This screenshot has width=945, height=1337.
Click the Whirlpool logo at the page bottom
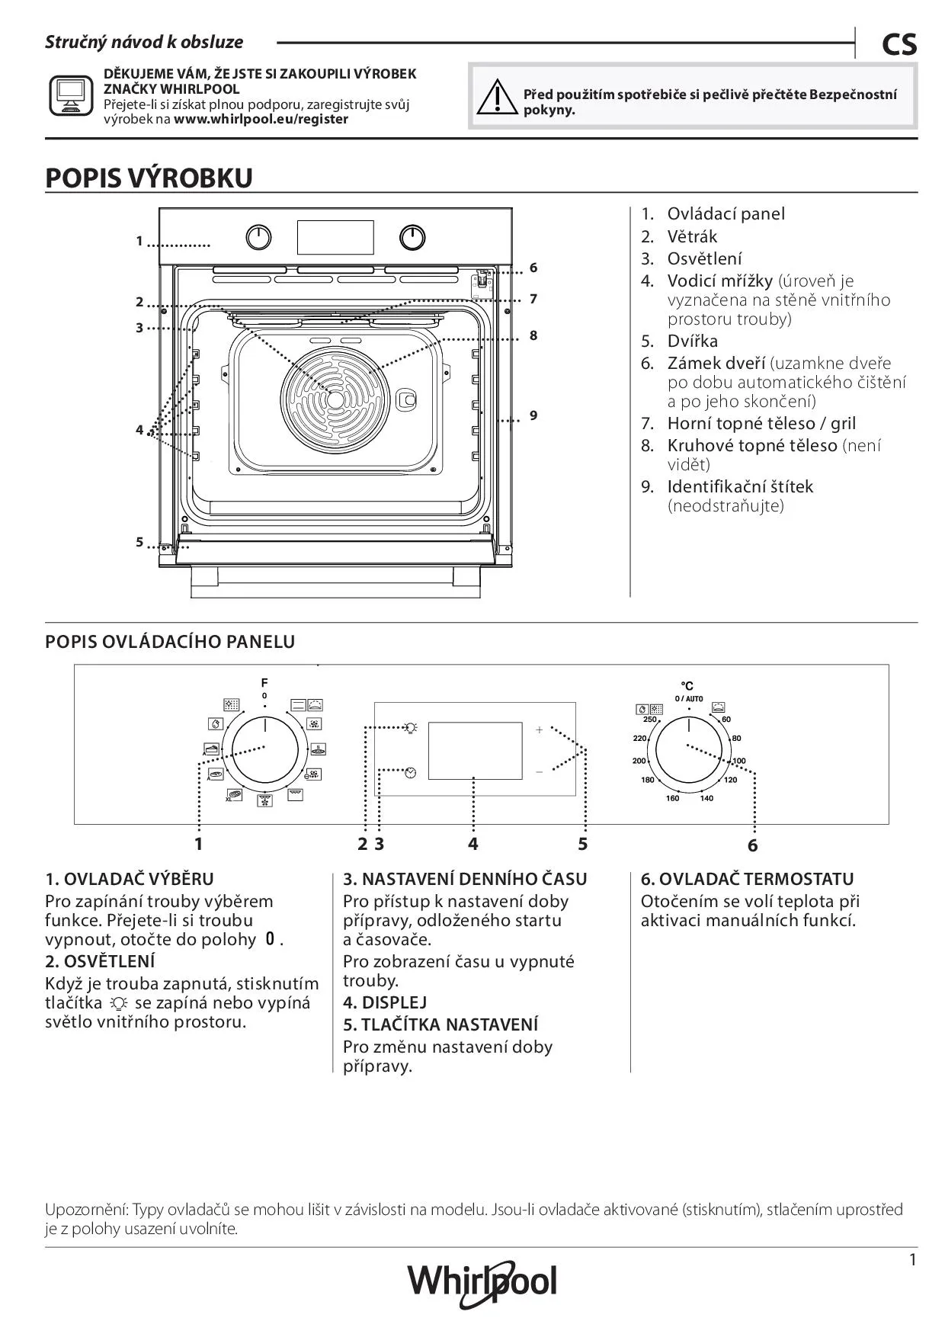click(x=482, y=1284)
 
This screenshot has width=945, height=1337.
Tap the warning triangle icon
click(x=495, y=97)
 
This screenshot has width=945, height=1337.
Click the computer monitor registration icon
click(x=71, y=95)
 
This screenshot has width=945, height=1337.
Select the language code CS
click(x=899, y=45)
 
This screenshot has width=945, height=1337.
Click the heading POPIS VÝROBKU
click(x=149, y=178)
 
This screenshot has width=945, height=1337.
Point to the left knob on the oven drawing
click(x=259, y=238)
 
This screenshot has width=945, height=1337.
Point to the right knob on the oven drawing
click(x=412, y=238)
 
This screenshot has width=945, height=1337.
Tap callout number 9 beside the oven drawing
click(x=533, y=415)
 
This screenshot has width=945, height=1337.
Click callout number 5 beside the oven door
click(x=139, y=542)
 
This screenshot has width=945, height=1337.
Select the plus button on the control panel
click(x=540, y=729)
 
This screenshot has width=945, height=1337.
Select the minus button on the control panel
click(x=540, y=771)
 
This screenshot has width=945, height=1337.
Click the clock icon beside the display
click(x=412, y=772)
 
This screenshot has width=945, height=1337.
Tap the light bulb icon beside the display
click(x=412, y=727)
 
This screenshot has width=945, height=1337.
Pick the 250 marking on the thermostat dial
click(x=649, y=719)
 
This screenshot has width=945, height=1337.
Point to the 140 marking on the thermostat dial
click(x=706, y=798)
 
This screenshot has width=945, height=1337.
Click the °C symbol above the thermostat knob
click(x=687, y=686)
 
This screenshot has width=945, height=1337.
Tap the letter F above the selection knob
click(x=264, y=682)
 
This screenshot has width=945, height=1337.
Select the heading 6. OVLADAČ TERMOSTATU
click(x=747, y=879)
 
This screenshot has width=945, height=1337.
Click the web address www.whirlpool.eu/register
click(x=261, y=119)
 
